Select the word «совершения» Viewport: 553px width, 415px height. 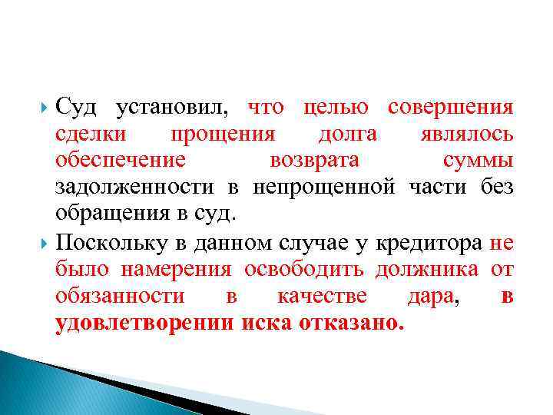450,108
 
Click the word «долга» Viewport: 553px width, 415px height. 347,134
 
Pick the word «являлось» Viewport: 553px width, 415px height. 467,134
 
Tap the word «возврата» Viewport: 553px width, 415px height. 316,161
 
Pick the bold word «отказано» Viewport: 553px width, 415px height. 346,322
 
